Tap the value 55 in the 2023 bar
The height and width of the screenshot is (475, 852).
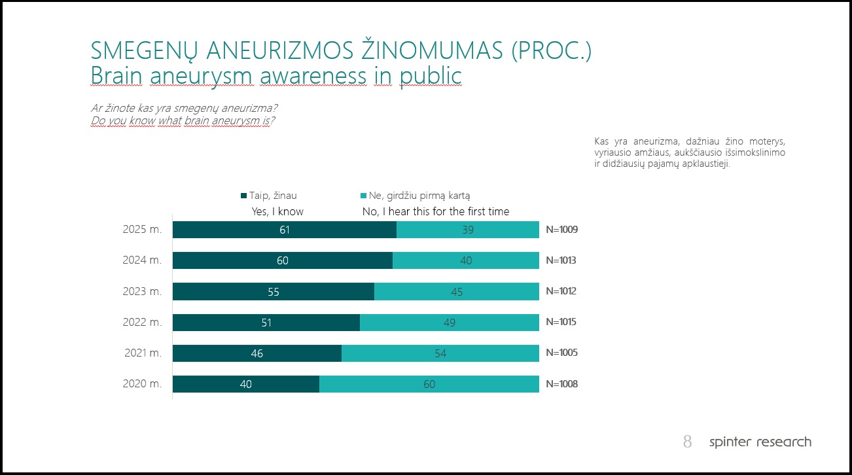(274, 292)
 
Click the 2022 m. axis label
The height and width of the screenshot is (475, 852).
(142, 323)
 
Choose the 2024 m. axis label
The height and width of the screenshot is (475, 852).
(142, 260)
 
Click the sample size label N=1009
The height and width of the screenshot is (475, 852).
(561, 230)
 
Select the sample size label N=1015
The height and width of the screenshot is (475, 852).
(561, 323)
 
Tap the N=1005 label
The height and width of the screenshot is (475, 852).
(561, 353)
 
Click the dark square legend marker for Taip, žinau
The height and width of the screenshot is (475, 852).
(243, 196)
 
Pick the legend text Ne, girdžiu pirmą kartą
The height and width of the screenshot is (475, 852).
(419, 195)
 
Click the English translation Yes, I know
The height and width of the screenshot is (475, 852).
(277, 211)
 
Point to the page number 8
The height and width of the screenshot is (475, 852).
(687, 442)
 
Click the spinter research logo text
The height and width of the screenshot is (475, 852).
(760, 442)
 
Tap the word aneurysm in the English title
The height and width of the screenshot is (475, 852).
(202, 76)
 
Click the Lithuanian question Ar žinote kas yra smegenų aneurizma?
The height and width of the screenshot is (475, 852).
(188, 108)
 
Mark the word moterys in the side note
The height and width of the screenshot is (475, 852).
(768, 141)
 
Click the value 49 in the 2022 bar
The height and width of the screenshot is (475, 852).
(449, 323)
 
